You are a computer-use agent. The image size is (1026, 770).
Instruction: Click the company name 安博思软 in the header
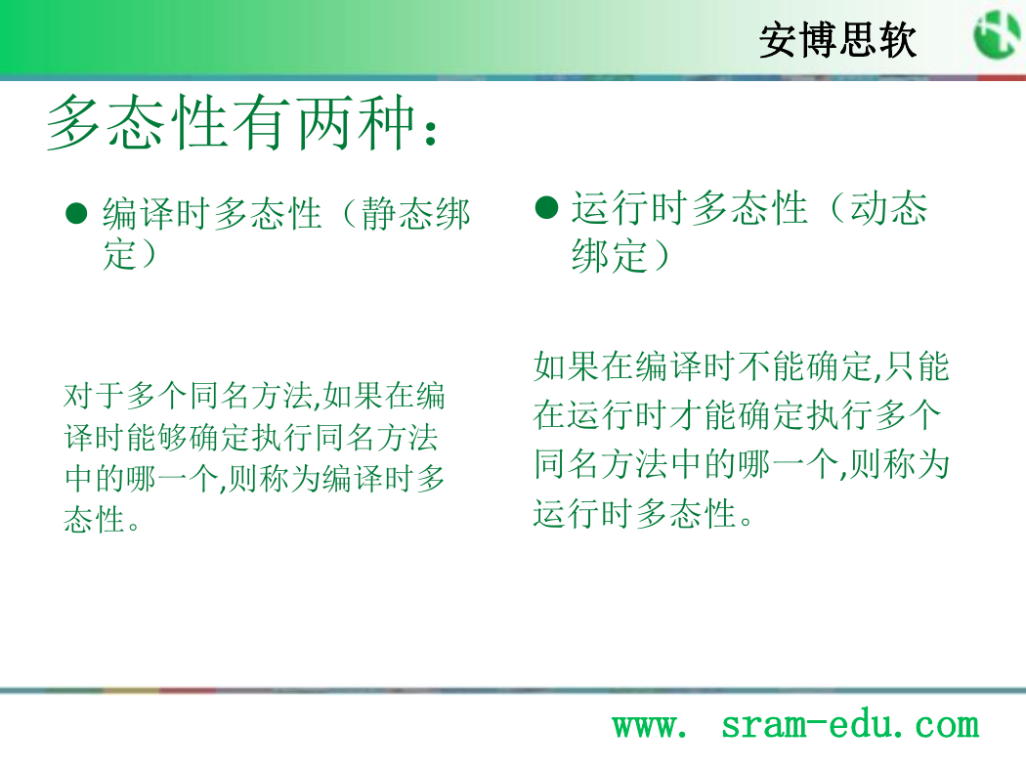tap(837, 40)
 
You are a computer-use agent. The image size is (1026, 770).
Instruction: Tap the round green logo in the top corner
tap(999, 34)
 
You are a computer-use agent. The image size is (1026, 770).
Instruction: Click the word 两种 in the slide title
tap(356, 122)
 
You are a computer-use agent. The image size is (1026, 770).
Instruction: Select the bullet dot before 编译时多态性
tap(76, 213)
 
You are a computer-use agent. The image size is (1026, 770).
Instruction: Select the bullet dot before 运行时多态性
tap(546, 207)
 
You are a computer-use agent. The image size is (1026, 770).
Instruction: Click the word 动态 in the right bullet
tap(888, 208)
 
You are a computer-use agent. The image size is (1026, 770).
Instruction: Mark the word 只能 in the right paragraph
tap(917, 365)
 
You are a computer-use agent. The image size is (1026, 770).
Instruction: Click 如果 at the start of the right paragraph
tap(567, 365)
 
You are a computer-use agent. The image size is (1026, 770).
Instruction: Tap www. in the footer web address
tap(650, 726)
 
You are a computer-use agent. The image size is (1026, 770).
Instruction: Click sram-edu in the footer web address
tap(807, 724)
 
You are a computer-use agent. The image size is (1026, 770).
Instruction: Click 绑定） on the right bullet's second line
tap(620, 254)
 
